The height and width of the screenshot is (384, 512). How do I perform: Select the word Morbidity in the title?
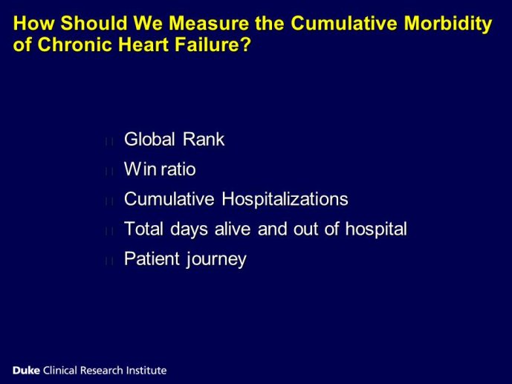(x=447, y=25)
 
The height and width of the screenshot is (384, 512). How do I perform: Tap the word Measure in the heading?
(x=208, y=24)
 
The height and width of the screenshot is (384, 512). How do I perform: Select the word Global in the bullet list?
(x=150, y=140)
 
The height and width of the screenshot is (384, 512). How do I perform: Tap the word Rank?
(x=204, y=140)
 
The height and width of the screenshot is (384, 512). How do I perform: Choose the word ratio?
(x=178, y=169)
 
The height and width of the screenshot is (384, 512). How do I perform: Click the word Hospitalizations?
(x=285, y=200)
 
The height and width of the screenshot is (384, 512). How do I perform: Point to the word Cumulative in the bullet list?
(x=169, y=199)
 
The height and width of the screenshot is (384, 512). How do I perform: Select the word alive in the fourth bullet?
(x=233, y=229)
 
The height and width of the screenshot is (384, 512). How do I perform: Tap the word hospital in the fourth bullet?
(x=376, y=230)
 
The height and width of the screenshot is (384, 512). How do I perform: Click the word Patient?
(x=152, y=259)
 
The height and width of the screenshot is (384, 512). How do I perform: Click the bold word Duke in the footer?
(x=26, y=371)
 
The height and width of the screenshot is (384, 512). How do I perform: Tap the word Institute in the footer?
(x=146, y=371)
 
